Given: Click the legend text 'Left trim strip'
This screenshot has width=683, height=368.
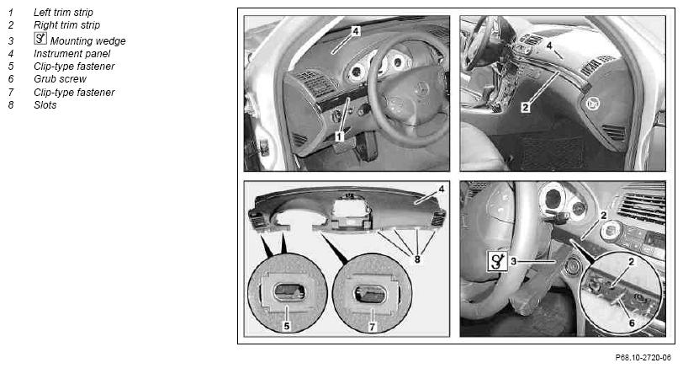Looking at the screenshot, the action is [x=63, y=13].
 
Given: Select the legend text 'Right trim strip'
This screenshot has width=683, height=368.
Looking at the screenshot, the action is [x=66, y=25].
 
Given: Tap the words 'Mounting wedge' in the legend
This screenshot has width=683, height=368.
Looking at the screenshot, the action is [x=88, y=41].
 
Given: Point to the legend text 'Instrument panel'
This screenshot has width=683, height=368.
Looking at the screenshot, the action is [x=71, y=54].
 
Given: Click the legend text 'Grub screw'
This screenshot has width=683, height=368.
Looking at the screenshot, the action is [x=60, y=79].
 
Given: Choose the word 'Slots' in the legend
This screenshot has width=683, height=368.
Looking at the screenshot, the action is [x=45, y=105].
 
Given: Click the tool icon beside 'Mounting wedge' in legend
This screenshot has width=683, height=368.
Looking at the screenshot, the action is [x=40, y=39].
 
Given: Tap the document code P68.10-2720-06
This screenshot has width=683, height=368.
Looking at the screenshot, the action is [x=643, y=358].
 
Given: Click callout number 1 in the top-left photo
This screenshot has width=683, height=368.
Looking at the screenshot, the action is [x=339, y=137].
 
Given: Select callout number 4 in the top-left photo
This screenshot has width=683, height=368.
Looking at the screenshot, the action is [x=356, y=31].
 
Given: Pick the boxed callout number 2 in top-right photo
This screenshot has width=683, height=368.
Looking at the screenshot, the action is [x=526, y=107].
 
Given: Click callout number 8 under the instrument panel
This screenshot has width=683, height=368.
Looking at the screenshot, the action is [x=417, y=259].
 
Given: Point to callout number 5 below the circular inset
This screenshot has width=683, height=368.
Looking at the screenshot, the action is [x=286, y=326].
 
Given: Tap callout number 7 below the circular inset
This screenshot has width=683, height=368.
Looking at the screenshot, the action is [x=372, y=327].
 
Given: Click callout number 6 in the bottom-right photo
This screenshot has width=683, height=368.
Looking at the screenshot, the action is [x=632, y=323].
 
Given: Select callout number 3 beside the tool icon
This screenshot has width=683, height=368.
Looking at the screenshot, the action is [x=514, y=261].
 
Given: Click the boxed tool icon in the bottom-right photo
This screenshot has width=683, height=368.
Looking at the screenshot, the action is [x=497, y=261].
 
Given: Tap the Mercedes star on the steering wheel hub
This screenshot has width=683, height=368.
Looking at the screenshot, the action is [x=421, y=89].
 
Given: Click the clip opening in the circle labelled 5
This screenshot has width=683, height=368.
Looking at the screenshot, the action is [x=288, y=291].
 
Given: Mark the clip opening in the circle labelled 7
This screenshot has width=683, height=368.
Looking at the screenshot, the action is [x=371, y=294].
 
